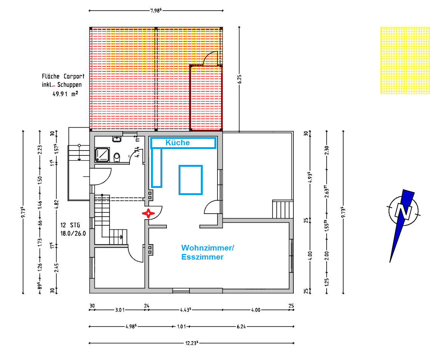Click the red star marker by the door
coord(148,213)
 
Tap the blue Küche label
coord(177,143)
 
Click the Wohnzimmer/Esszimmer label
coord(208,252)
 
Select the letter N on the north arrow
coord(404,211)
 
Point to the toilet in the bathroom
coord(117,157)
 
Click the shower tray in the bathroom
coord(102,155)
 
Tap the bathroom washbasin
coord(117,139)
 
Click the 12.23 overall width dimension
coord(192,343)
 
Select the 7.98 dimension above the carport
coord(156,11)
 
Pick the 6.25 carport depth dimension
coord(240,79)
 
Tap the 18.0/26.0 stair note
coord(73,234)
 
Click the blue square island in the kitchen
coord(191,180)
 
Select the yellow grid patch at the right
coord(405,60)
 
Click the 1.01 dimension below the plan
coord(181,326)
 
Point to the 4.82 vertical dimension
coord(57,204)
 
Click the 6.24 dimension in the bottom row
coord(241,326)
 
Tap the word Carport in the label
coord(74,76)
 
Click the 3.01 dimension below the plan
coord(120,310)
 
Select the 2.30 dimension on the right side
coord(327,150)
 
